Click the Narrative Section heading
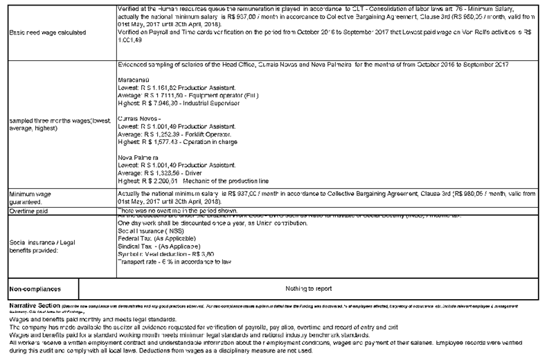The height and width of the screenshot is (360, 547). (31, 305)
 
